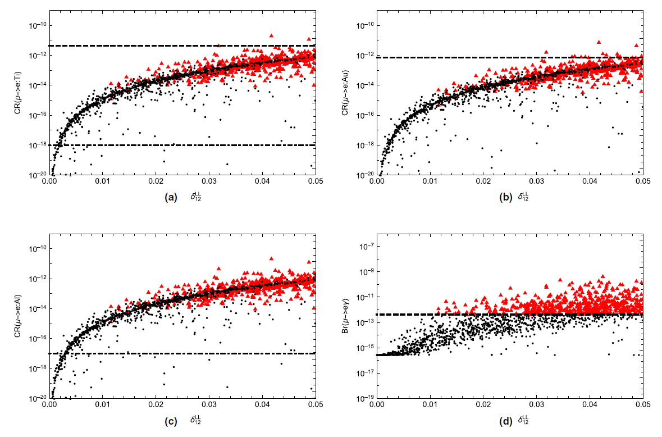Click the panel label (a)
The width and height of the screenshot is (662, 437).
(x=171, y=197)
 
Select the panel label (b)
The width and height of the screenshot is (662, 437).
(x=498, y=197)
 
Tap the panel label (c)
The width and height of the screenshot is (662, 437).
(x=171, y=420)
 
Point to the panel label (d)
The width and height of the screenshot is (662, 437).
(x=498, y=420)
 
